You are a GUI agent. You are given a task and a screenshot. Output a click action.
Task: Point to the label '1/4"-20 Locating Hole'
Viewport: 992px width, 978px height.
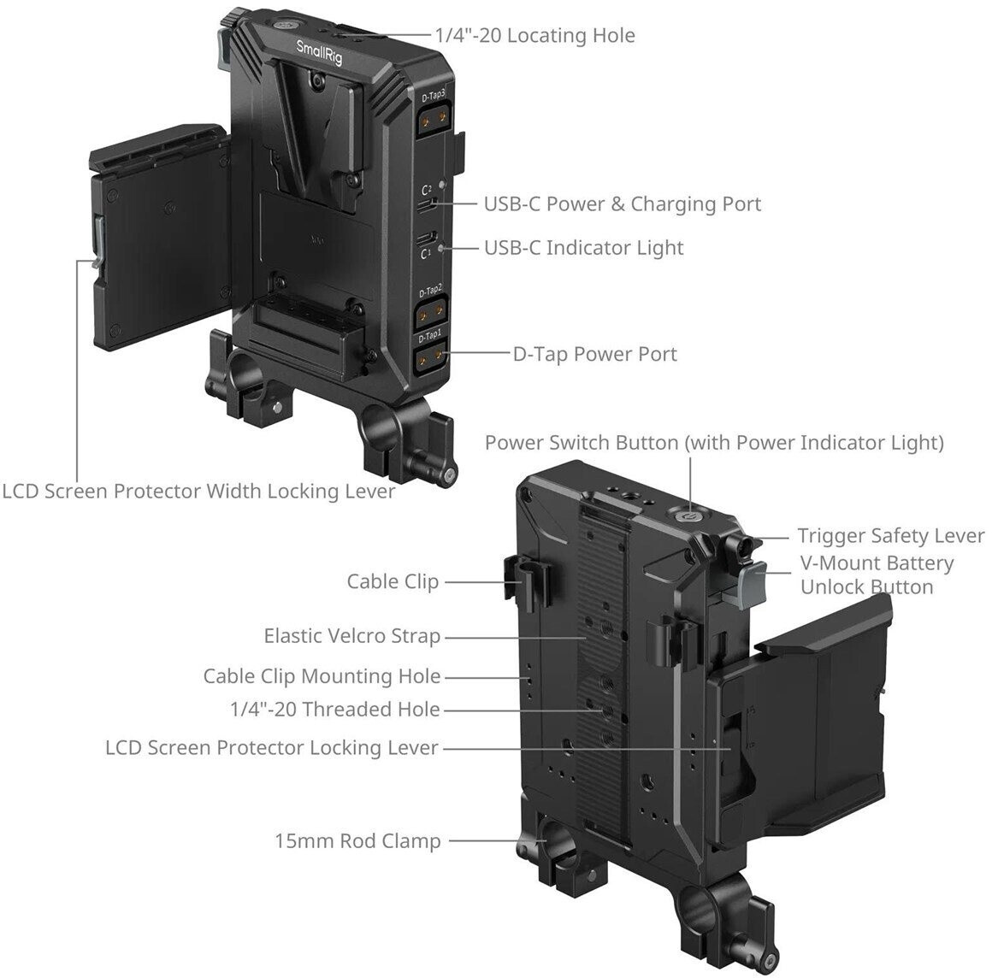point(534,35)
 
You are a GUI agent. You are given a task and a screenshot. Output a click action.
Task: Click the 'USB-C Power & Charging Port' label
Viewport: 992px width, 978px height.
point(622,203)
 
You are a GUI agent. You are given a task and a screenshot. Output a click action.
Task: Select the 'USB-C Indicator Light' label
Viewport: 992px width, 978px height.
point(583,248)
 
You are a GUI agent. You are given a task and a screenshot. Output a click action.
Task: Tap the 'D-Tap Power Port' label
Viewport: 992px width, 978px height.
point(594,354)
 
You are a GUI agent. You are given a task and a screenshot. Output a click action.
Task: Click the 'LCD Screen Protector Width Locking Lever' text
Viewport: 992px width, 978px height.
point(198,492)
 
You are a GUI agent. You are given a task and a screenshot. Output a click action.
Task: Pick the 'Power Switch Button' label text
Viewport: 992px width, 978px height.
point(714,442)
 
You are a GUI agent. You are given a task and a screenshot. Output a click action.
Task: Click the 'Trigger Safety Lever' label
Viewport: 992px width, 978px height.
point(890,536)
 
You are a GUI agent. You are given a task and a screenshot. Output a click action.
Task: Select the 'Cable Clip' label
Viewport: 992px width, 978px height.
point(393,581)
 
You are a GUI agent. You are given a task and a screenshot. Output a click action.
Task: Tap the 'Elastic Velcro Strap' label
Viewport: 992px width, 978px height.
point(351,636)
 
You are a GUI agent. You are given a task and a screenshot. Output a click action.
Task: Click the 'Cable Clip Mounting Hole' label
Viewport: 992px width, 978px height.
point(322,676)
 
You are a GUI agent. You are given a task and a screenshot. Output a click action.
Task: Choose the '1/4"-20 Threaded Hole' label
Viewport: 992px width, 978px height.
point(335,709)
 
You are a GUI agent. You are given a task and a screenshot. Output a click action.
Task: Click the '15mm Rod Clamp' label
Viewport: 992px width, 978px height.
point(357,840)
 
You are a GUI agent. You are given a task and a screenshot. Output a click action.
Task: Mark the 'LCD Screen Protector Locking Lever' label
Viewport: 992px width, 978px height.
point(271,747)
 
